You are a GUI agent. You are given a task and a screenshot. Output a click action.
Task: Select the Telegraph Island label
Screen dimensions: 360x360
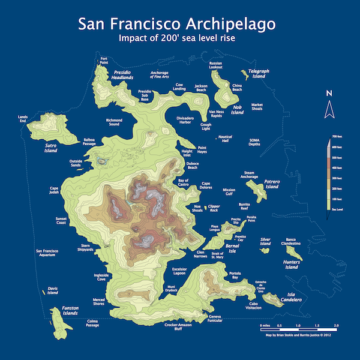259,74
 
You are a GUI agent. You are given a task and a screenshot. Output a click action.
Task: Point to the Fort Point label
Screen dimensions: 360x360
104,59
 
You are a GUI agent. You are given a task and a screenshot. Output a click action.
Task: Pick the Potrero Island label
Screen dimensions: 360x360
272,184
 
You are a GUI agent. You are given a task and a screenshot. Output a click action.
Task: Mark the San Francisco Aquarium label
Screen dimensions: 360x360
54,253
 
